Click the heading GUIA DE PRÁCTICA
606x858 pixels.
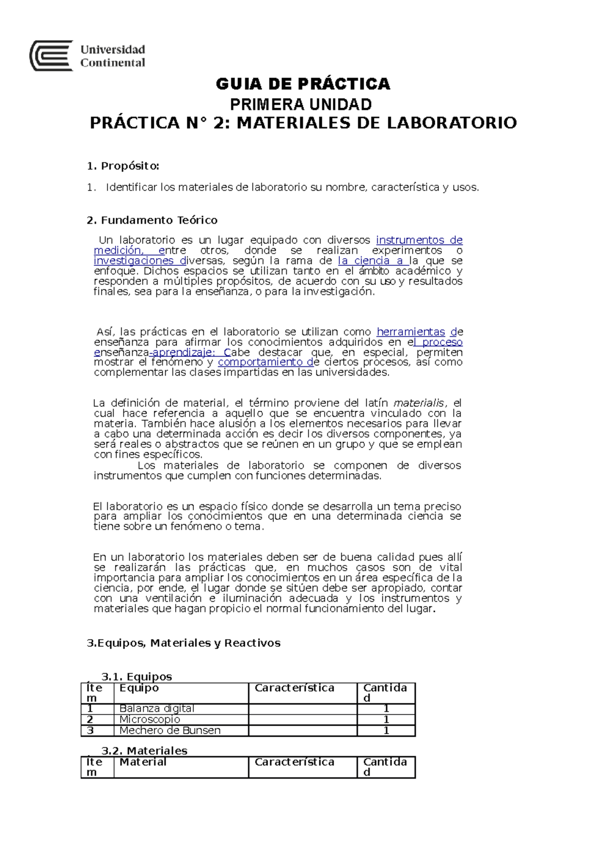(303, 83)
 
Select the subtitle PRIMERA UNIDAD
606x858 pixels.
(301, 105)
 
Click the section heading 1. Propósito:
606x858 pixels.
(123, 166)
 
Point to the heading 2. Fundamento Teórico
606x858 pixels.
(152, 220)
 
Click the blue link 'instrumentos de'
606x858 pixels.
(419, 240)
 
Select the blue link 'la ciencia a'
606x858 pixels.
(373, 261)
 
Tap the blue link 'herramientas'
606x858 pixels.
(411, 332)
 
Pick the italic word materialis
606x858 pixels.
(419, 403)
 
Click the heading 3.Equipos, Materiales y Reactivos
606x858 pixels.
(183, 643)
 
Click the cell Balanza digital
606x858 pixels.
(157, 708)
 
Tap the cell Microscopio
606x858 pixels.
(149, 719)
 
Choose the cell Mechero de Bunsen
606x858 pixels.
(170, 730)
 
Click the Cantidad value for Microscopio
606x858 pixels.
(386, 719)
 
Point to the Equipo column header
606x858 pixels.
(139, 688)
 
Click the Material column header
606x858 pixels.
(142, 762)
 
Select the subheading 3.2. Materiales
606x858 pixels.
(144, 751)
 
